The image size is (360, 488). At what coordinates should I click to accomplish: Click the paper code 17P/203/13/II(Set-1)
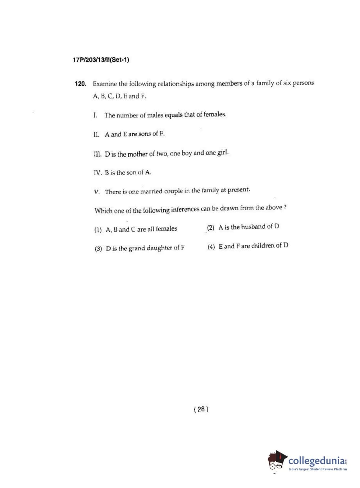click(101, 60)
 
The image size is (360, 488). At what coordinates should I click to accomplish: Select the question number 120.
click(81, 84)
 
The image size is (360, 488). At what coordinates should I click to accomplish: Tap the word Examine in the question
click(105, 84)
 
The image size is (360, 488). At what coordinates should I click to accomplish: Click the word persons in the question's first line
click(303, 83)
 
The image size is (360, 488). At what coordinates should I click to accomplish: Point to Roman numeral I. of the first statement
click(95, 115)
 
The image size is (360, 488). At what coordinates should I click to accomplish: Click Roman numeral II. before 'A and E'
click(96, 135)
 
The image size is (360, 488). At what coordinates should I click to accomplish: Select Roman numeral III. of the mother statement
click(97, 154)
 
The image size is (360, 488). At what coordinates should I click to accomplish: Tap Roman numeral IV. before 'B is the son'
click(98, 173)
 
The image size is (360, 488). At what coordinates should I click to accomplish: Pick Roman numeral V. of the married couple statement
click(96, 192)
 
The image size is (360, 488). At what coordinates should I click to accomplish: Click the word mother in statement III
click(138, 154)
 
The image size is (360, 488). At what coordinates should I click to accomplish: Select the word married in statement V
click(151, 191)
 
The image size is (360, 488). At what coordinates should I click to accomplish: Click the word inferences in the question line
click(185, 209)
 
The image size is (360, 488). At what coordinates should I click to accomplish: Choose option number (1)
click(98, 230)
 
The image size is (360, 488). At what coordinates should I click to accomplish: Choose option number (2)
click(211, 228)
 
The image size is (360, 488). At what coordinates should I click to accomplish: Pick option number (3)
click(98, 249)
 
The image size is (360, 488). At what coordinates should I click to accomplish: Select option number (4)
click(211, 247)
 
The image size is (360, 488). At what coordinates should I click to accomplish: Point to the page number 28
click(201, 409)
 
